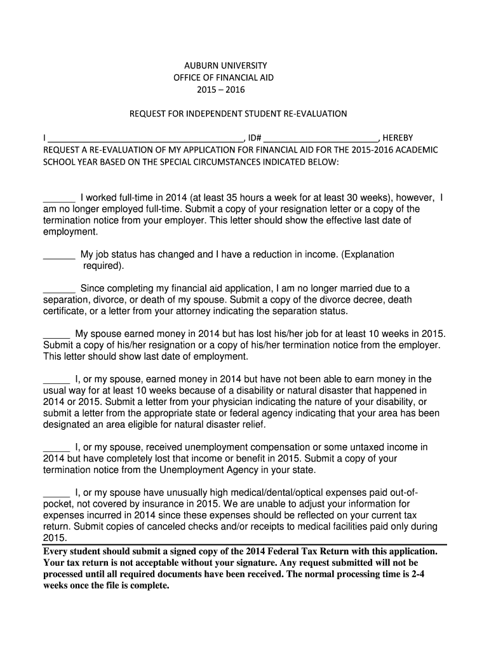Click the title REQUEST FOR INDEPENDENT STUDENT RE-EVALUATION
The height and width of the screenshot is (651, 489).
click(x=238, y=114)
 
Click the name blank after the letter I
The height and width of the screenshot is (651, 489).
click(x=145, y=137)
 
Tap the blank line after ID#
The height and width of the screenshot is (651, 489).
click(x=321, y=137)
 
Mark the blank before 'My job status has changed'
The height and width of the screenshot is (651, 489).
click(x=59, y=255)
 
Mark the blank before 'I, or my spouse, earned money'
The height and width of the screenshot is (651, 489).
click(x=57, y=380)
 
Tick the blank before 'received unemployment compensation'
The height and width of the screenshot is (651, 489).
click(x=57, y=448)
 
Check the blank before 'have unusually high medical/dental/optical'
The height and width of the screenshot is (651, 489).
click(x=57, y=493)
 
